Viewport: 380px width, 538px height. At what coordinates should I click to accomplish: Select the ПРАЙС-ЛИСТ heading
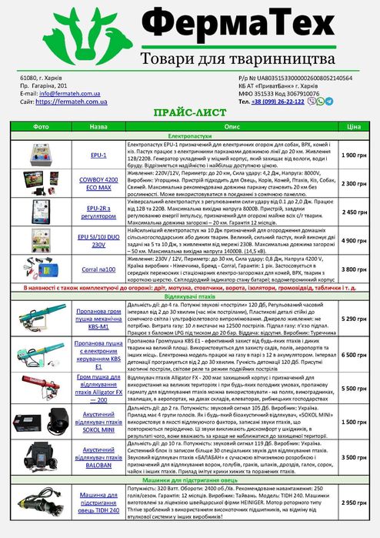(x=189, y=112)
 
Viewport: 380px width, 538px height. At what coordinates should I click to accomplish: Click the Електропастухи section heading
(x=189, y=135)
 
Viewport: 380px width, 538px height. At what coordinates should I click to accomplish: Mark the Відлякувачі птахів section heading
(x=189, y=296)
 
